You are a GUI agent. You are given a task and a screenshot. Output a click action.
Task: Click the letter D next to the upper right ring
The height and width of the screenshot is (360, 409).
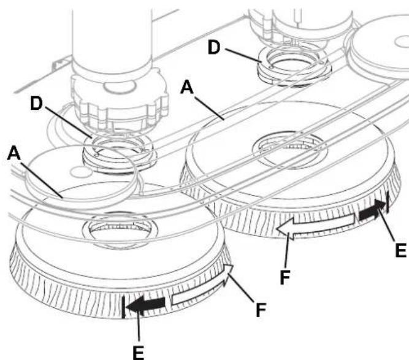tap(214, 48)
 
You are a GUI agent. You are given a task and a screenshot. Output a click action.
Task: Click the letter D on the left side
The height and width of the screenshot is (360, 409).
tap(37, 103)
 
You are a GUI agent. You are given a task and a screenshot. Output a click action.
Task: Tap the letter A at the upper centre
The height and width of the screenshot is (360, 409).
tap(187, 87)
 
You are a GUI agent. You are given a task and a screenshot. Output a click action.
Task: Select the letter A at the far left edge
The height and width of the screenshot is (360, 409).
tap(14, 153)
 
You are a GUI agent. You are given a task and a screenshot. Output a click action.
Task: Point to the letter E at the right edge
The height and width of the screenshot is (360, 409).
tap(400, 250)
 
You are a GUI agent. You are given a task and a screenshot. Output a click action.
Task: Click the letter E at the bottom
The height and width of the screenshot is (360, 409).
tap(138, 353)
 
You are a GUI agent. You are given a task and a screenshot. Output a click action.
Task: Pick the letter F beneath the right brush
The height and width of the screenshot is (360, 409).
tap(285, 277)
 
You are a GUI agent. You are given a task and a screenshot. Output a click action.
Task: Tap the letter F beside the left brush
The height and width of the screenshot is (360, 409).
tap(261, 310)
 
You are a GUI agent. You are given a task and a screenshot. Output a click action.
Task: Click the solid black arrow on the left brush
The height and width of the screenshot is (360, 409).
tap(145, 304)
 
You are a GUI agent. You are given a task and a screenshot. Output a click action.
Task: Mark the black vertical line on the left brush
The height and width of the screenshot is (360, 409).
tap(123, 307)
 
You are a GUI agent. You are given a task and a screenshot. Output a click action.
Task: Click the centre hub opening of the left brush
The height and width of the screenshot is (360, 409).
tap(120, 229)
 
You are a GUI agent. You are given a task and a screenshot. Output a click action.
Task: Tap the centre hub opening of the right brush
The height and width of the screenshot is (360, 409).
tap(289, 150)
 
